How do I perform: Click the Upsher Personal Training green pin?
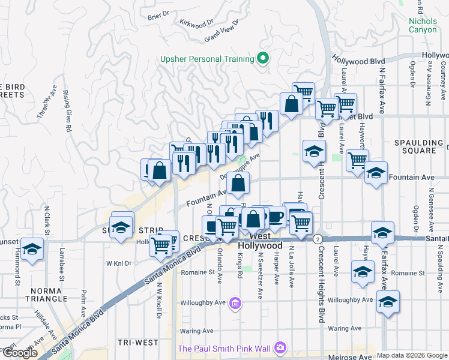262,58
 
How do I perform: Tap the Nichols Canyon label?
427,26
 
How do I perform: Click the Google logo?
20,353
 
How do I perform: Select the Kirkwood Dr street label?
197,22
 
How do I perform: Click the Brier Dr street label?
158,17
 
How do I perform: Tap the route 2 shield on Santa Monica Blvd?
316,239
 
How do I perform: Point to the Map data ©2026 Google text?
412,355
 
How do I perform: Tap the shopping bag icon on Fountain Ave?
238,184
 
